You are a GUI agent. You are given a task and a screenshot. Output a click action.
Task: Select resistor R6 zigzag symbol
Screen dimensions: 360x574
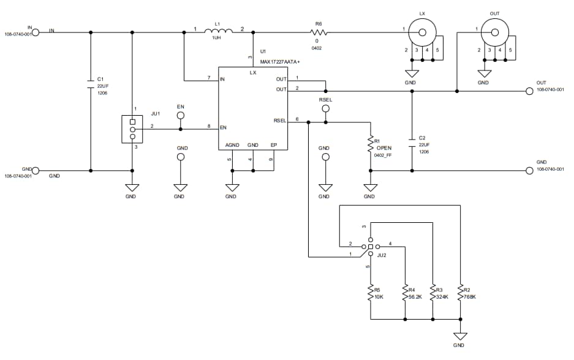pos(318,31)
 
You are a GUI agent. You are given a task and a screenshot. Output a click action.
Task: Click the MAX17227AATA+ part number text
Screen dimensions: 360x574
pos(280,61)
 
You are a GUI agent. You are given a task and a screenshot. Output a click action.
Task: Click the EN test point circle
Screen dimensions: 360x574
pos(180,114)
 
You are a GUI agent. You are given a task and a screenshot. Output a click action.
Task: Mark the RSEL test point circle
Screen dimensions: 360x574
pos(325,108)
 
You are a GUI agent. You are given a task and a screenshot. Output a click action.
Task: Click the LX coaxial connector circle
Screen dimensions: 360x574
pos(423,29)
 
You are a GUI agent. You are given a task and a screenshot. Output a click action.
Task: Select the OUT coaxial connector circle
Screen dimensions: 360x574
pos(495,29)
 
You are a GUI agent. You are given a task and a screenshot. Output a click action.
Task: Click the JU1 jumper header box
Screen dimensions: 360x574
pos(132,129)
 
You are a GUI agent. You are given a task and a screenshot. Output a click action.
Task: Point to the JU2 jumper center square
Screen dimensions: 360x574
pos(370,246)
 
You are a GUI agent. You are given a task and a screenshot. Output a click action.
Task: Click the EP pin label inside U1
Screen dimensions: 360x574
pos(274,145)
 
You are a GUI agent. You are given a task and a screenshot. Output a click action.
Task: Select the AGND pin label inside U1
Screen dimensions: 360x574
pos(232,145)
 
